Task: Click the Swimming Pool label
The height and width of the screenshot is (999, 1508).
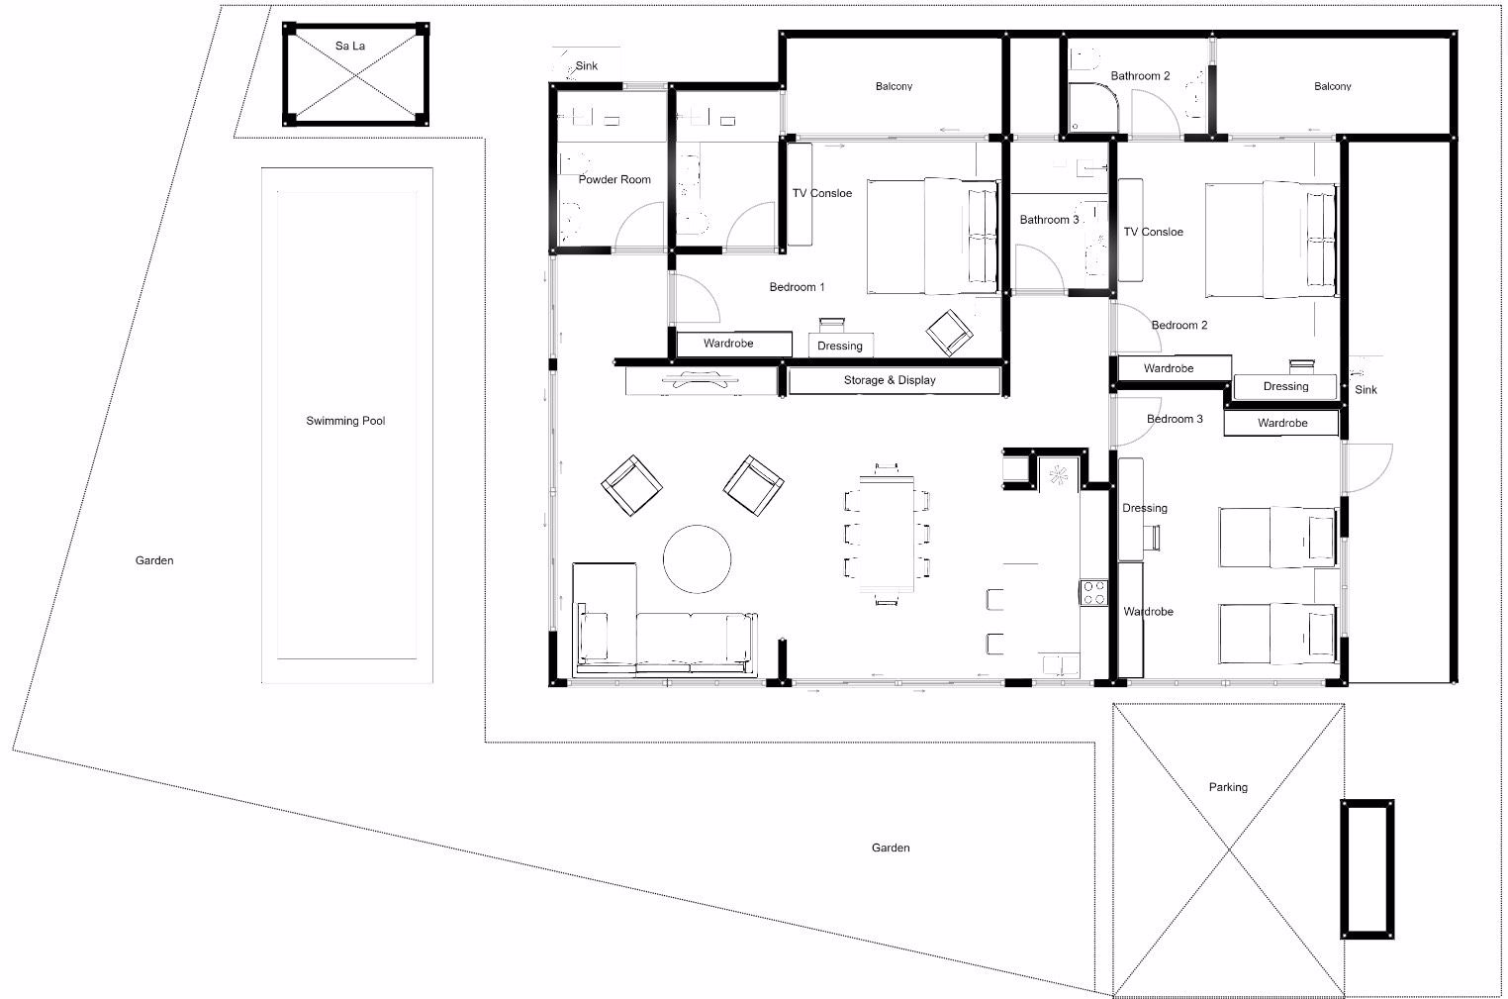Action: (x=345, y=421)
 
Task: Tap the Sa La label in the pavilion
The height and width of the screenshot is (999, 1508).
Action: (x=350, y=46)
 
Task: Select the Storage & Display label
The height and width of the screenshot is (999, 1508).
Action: (x=890, y=380)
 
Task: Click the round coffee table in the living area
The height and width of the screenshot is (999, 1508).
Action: (x=697, y=559)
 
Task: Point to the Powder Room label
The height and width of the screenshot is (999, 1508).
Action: (x=614, y=180)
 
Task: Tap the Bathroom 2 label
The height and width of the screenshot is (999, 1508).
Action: (x=1141, y=76)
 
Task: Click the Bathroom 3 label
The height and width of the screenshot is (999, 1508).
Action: (x=1050, y=220)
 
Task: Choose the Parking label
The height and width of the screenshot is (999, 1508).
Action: (x=1228, y=787)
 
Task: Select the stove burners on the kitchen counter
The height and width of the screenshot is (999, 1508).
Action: (x=1094, y=592)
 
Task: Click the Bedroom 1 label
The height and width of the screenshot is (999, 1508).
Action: (x=798, y=287)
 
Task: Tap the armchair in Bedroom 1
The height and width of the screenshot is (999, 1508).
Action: (x=949, y=333)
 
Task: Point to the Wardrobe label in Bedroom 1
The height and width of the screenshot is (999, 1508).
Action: (x=728, y=344)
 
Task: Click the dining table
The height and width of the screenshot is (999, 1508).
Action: (x=887, y=535)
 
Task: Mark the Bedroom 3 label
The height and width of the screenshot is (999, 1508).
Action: (x=1175, y=419)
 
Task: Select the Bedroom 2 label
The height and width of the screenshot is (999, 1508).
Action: (x=1179, y=326)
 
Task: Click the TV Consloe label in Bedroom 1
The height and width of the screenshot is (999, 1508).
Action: (x=822, y=193)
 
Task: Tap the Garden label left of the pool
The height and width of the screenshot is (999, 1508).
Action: (x=154, y=560)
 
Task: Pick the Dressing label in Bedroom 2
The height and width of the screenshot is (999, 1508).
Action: (x=1285, y=387)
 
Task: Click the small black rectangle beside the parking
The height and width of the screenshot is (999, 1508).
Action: (x=1367, y=869)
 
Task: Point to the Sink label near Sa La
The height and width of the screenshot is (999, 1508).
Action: (x=587, y=66)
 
